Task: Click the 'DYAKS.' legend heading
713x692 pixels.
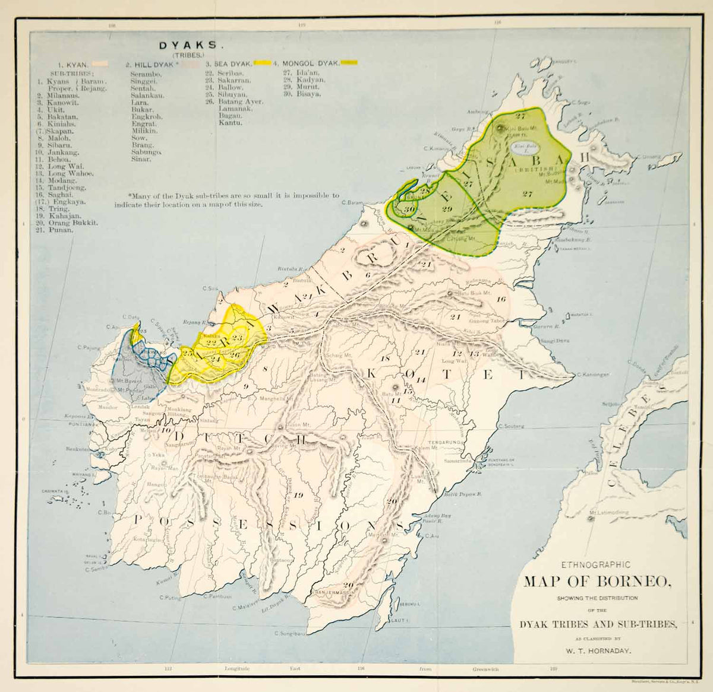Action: tap(182, 44)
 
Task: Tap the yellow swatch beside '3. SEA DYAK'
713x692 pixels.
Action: tap(263, 62)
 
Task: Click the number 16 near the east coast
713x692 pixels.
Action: tap(501, 299)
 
